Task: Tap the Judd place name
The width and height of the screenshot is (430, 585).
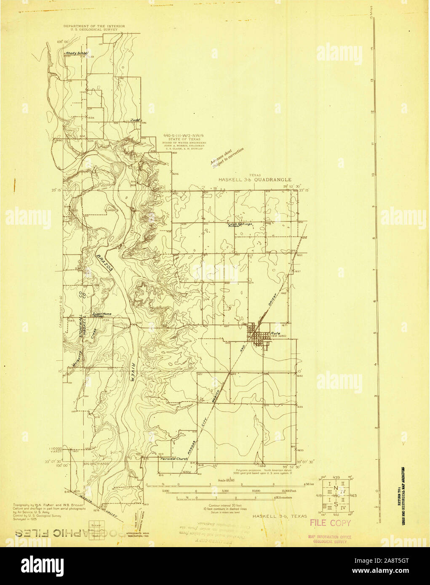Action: pos(135,120)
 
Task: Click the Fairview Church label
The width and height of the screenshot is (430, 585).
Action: pos(174,459)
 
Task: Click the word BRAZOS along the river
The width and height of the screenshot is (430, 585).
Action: pos(103,265)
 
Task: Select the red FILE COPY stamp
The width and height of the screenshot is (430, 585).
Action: pos(330,523)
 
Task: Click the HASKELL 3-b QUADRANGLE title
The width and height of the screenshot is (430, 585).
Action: pos(254,179)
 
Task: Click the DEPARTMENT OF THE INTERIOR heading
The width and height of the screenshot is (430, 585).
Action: pos(94,26)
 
